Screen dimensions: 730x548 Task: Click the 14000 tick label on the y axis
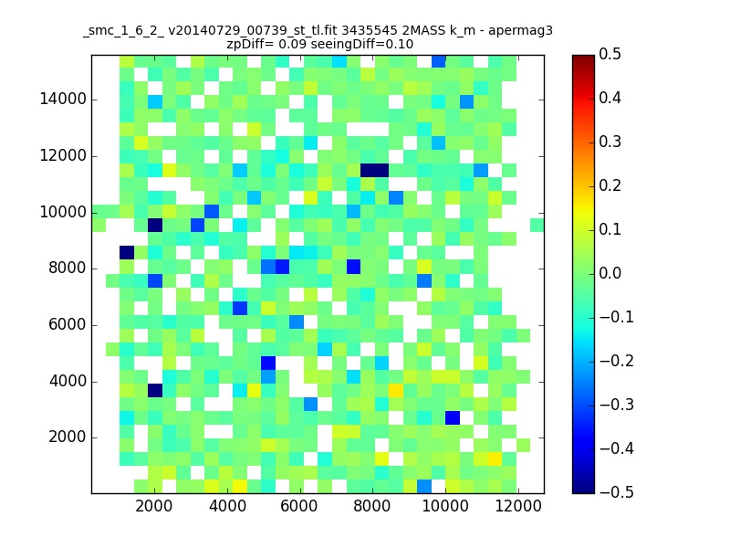[x=63, y=100]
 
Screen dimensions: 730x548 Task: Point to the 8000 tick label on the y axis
[x=67, y=269]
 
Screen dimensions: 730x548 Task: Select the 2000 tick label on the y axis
[x=67, y=437]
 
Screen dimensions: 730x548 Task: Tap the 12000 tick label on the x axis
[x=517, y=506]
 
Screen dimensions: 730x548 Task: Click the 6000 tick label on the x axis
[x=299, y=506]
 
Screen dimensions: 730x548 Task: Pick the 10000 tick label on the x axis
[x=445, y=506]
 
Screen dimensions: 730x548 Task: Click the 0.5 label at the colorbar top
[x=610, y=55]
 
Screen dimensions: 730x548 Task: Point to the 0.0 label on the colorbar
[x=610, y=273]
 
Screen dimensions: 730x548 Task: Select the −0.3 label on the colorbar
[x=617, y=405]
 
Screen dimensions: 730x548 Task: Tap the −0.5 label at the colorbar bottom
[x=617, y=492]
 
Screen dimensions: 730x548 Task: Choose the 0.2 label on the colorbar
[x=610, y=186]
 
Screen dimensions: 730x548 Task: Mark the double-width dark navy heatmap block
[x=374, y=171]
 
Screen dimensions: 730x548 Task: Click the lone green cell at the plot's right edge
[x=537, y=225]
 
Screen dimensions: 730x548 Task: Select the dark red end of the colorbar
[x=583, y=59]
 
